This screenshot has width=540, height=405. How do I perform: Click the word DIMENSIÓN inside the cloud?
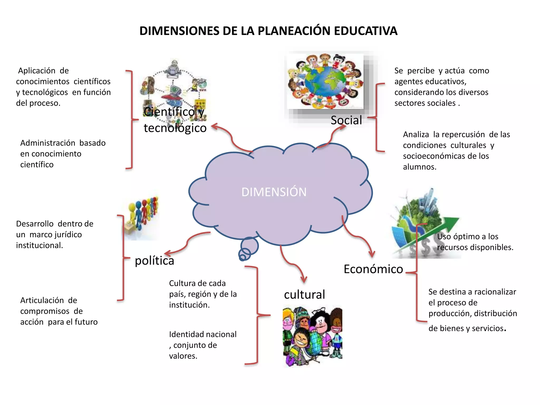[274, 192]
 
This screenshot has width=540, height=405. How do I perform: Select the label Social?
[346, 120]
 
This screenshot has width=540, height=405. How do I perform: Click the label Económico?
[373, 269]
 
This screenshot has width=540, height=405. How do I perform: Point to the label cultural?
[305, 295]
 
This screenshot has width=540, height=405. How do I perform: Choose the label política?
[155, 261]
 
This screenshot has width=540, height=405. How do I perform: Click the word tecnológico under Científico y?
[175, 128]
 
